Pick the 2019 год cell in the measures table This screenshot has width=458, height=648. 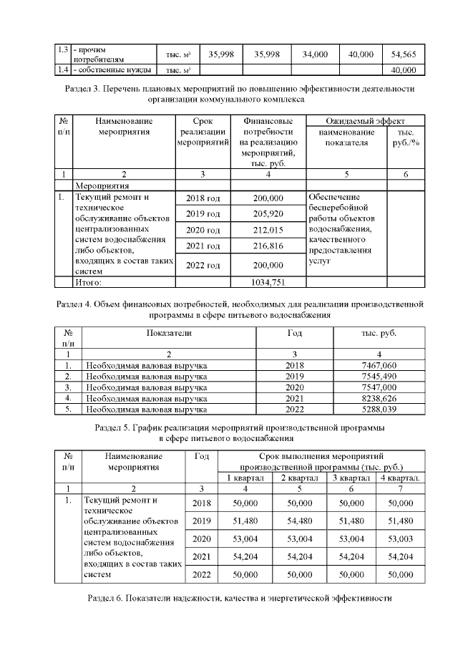tap(203, 214)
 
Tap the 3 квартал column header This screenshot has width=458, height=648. tap(350, 478)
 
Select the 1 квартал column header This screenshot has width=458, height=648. tap(245, 478)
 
